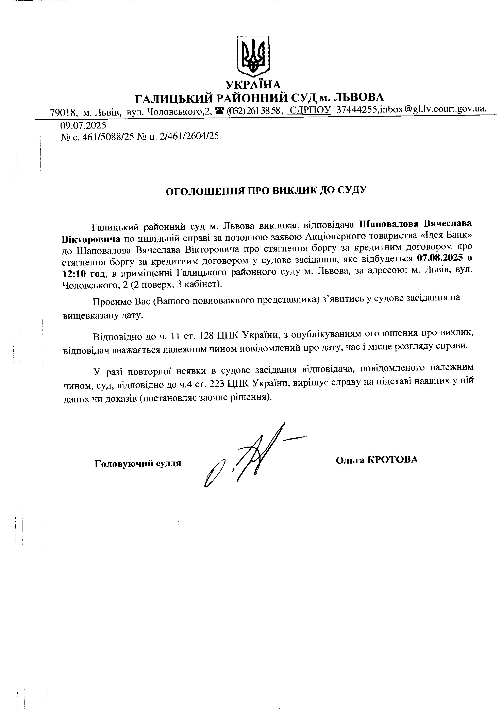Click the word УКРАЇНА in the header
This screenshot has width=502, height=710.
coord(253,84)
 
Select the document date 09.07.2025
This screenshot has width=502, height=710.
coord(83,125)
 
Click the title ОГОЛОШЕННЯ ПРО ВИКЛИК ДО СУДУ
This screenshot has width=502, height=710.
coord(266,191)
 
